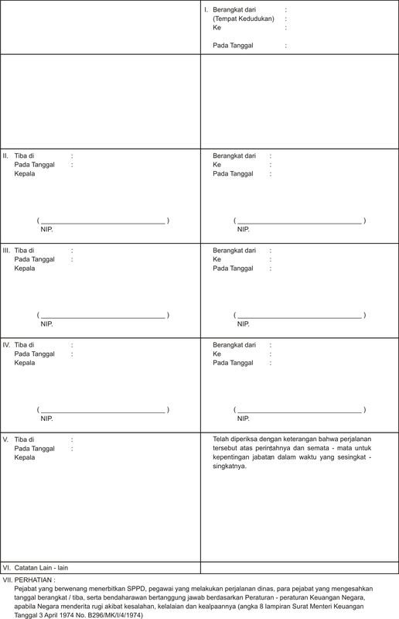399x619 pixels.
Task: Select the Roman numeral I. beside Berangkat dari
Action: [206, 9]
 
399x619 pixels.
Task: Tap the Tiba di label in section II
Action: [24, 156]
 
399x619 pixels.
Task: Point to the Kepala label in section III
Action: [25, 268]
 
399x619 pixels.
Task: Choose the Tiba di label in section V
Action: [24, 439]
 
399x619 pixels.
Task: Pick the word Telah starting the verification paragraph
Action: [223, 439]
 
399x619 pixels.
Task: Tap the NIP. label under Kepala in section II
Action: [46, 230]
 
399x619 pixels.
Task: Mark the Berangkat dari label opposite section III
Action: [234, 251]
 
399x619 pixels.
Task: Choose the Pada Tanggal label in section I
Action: [233, 46]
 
